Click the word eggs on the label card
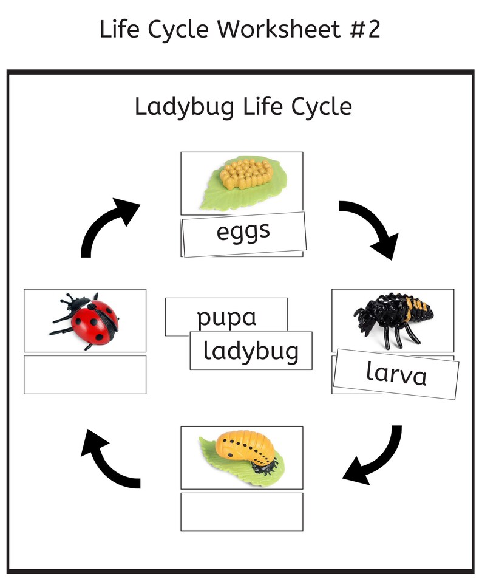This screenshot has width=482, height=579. (x=243, y=232)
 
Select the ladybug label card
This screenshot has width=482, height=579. (x=251, y=351)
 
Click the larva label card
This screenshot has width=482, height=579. (x=396, y=374)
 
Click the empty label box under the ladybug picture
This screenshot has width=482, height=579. (x=85, y=374)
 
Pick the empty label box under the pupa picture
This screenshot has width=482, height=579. (x=242, y=512)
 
